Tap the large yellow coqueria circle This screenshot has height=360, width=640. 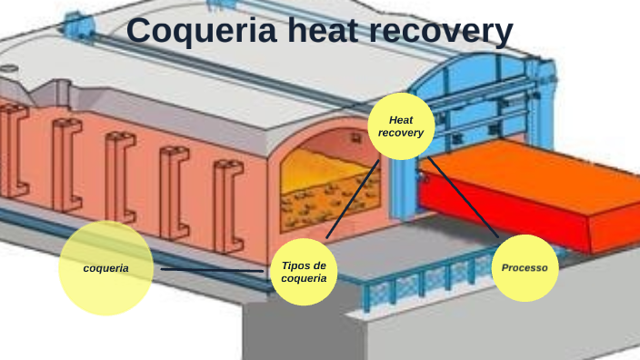pyautogui.click(x=105, y=268)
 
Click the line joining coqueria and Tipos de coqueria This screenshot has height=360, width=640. pyautogui.click(x=214, y=269)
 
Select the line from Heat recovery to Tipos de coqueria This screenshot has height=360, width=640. pyautogui.click(x=353, y=197)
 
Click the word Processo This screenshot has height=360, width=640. pyautogui.click(x=525, y=268)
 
